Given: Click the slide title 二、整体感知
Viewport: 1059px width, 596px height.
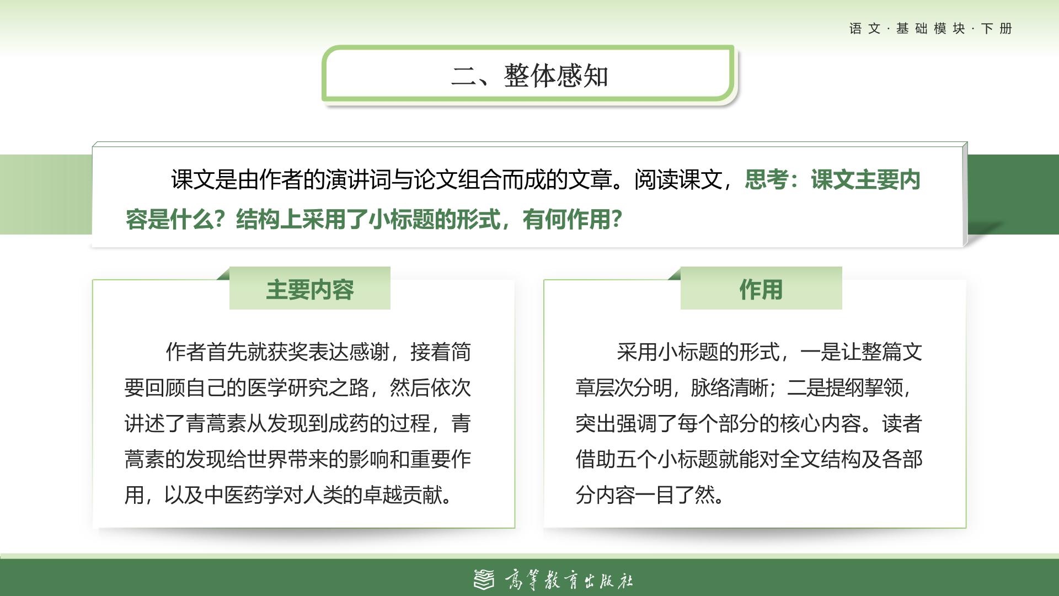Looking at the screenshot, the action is [x=529, y=76].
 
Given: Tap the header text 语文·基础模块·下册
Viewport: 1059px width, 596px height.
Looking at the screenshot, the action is [x=930, y=29].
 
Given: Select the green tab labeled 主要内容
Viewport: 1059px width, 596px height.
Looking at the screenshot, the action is [x=310, y=289].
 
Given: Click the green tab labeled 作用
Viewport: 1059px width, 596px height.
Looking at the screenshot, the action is [x=761, y=289].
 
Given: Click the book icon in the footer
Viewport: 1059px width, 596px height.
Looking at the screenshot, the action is [x=484, y=579].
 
